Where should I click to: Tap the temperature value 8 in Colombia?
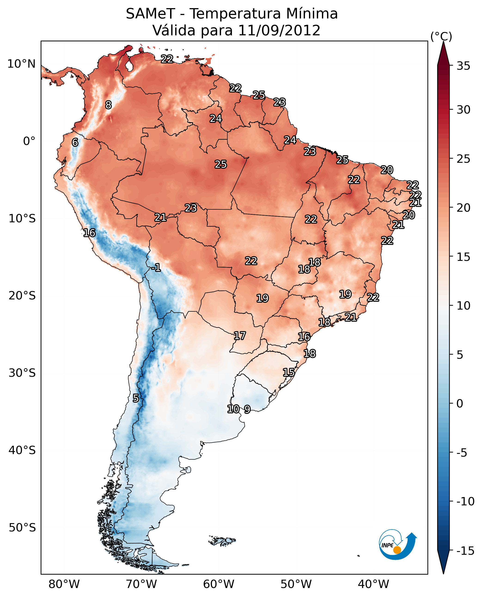(108, 105)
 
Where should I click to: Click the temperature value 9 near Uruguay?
(247, 409)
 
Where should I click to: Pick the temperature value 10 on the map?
(233, 409)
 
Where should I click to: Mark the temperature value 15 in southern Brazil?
(289, 372)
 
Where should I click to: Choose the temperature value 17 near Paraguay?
(240, 336)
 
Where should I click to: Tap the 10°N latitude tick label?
(21, 64)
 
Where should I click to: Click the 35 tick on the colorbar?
(463, 66)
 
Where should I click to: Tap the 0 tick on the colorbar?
(460, 403)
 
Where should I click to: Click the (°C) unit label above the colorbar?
(441, 36)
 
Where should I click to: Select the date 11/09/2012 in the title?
(279, 30)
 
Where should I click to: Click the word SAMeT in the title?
(150, 14)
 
